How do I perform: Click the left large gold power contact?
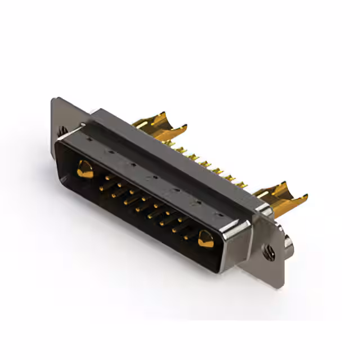click(85, 169)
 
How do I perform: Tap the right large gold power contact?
click(205, 239)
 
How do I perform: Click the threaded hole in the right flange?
click(269, 254)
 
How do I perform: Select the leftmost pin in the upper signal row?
click(107, 178)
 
